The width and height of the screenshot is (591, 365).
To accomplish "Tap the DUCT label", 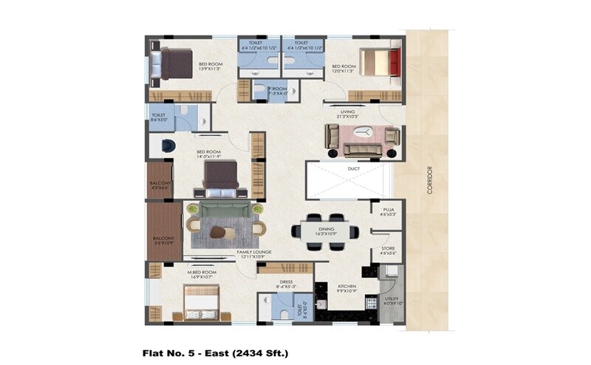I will point(352,169).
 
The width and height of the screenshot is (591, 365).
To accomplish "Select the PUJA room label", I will point(388,212).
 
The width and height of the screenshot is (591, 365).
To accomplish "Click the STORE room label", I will point(388,250).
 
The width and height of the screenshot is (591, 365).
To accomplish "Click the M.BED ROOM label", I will point(202,273).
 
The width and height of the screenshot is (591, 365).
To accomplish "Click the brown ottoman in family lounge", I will point(219,232).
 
